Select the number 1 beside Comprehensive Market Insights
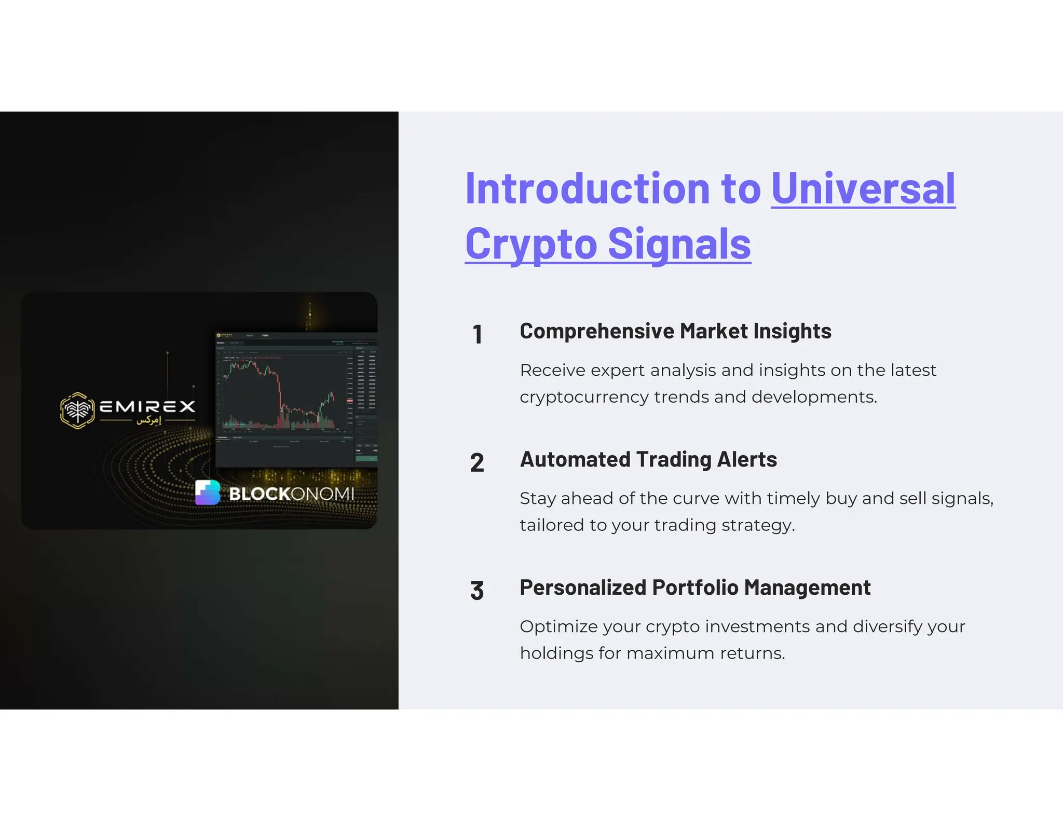[x=478, y=334]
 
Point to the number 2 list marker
[x=477, y=462]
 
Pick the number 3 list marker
[x=477, y=591]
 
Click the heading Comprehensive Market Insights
[x=675, y=331]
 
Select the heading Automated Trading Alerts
[x=648, y=459]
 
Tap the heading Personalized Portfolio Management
[x=695, y=587]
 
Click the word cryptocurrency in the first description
[x=584, y=397]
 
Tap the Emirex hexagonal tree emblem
[x=77, y=410]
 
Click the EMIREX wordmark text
[x=147, y=406]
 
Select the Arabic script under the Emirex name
[x=149, y=420]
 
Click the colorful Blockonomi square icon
[x=208, y=492]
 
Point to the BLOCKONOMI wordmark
[x=292, y=494]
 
